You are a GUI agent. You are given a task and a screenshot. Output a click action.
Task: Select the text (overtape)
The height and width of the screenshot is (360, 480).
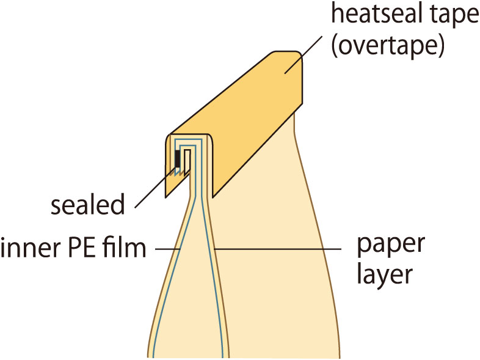pyautogui.click(x=387, y=46)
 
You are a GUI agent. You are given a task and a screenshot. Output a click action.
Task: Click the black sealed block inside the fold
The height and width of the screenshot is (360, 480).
pyautogui.click(x=178, y=158)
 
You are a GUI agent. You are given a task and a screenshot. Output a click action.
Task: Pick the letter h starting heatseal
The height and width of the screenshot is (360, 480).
pyautogui.click(x=335, y=16)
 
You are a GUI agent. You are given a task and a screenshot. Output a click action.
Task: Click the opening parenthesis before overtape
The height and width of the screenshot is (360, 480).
pyautogui.click(x=333, y=46)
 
